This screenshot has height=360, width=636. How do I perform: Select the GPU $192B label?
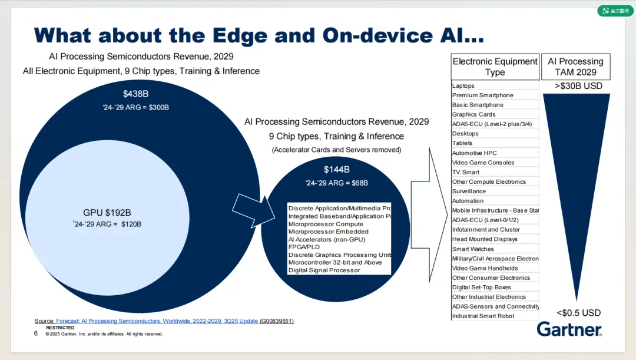107,213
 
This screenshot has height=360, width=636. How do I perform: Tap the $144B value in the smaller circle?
336,170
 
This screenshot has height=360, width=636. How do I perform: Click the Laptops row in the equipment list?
463,86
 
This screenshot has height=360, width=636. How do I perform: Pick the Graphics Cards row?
473,114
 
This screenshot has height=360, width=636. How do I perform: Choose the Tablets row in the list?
462,143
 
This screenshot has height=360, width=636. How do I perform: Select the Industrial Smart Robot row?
483,316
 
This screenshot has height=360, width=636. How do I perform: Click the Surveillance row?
469,191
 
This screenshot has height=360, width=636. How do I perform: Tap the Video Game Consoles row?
483,163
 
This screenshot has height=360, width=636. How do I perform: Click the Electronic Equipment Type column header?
495,67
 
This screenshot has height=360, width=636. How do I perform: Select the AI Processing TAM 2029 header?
575,67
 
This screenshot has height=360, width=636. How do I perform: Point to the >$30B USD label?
578,86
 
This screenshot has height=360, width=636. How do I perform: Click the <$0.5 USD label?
578,313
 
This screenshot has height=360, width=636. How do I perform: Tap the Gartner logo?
569,329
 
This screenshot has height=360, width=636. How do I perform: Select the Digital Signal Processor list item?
324,270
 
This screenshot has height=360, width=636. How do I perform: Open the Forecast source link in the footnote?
157,321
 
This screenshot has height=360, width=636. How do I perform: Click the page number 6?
36,333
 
